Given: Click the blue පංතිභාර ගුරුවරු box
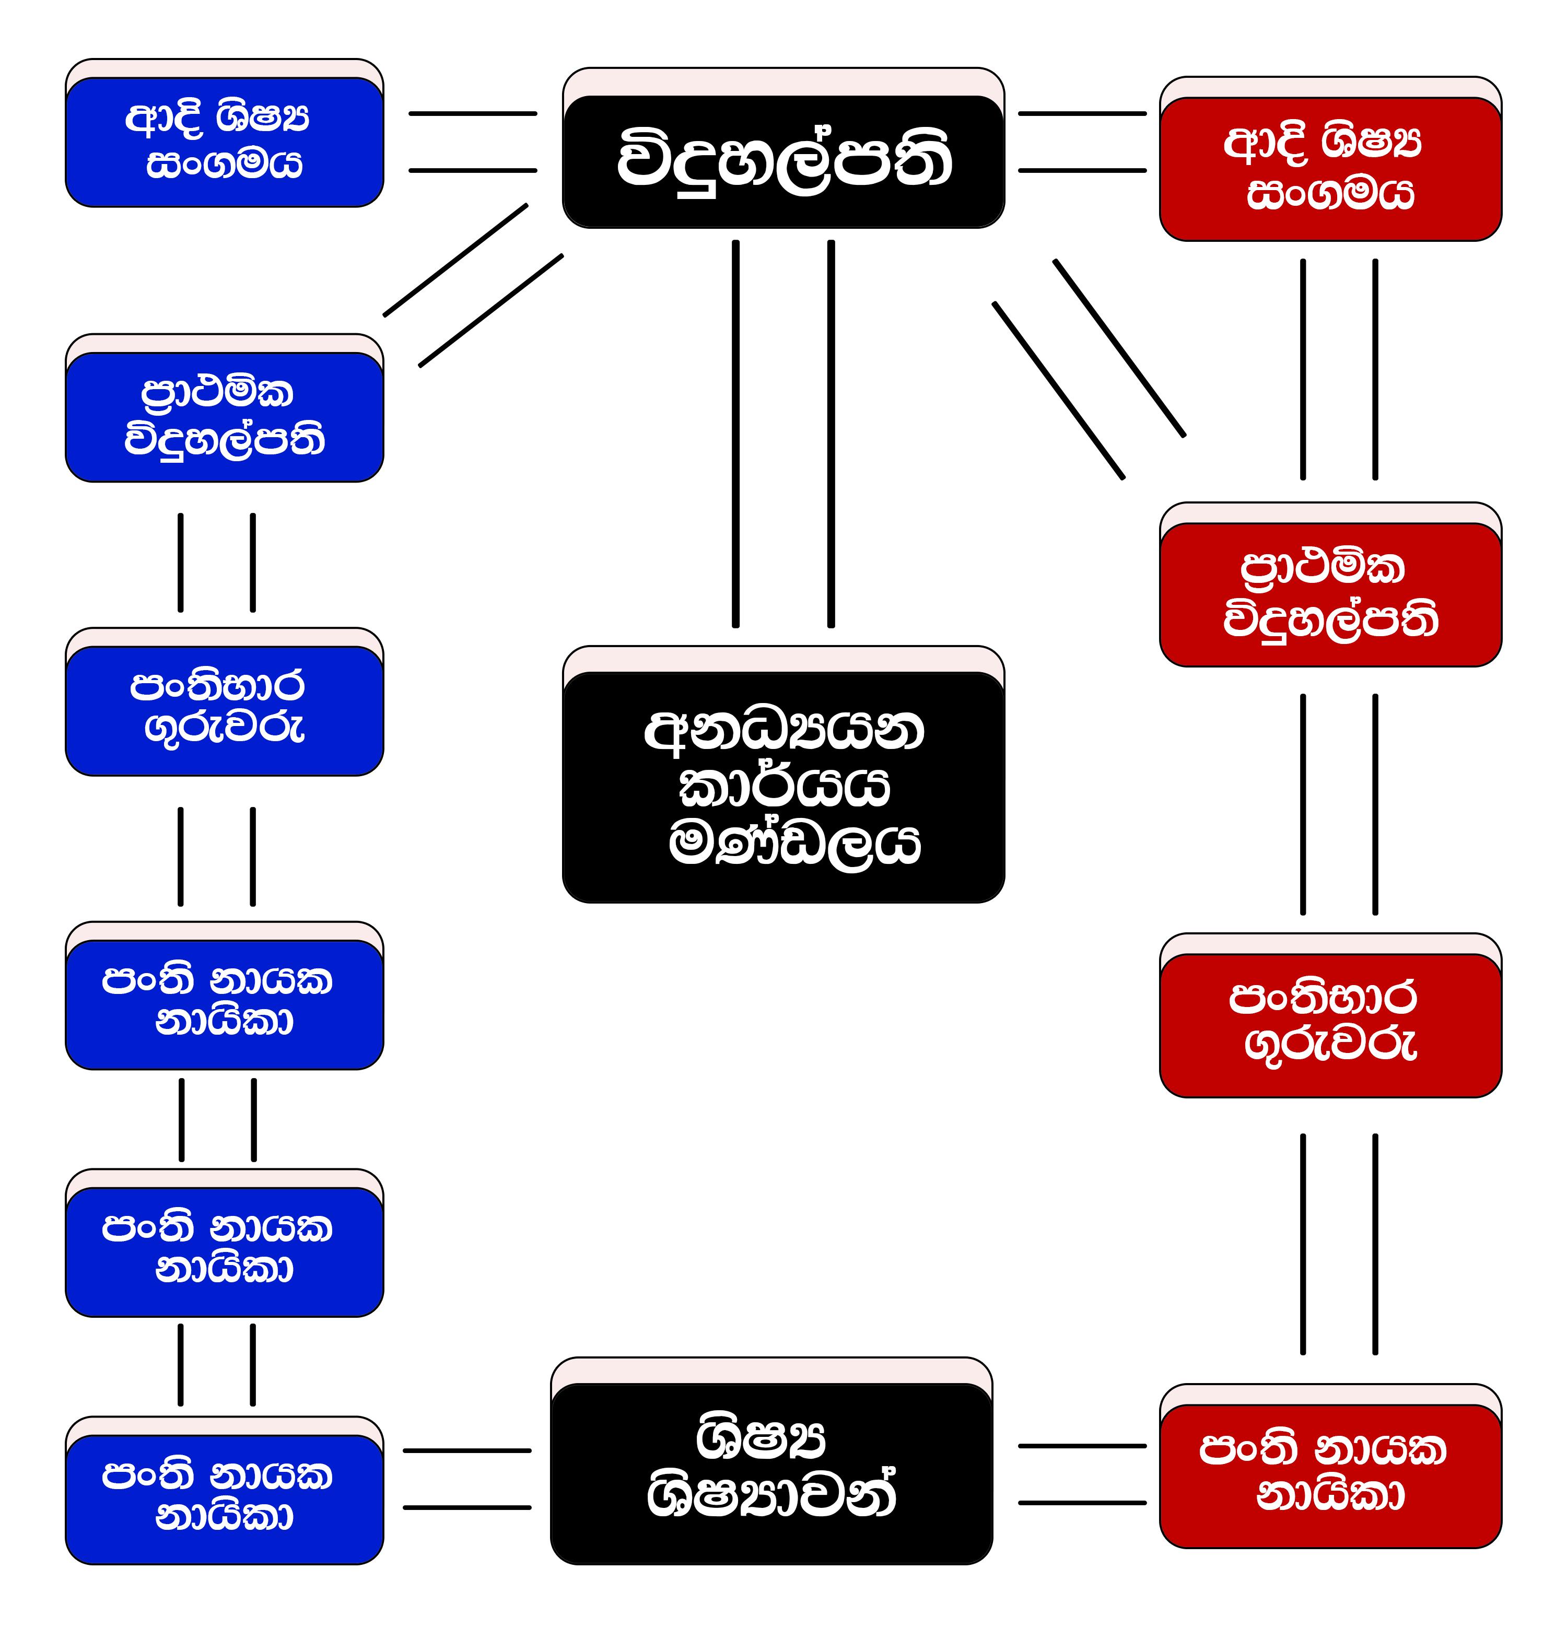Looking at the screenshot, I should click(224, 710).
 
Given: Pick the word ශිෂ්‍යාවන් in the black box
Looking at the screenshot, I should click(771, 1495).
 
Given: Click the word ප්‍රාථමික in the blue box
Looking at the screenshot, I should click(217, 393).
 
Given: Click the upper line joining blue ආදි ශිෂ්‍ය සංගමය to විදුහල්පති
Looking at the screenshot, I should click(472, 114).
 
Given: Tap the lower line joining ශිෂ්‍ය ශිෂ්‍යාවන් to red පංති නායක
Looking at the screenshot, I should click(1082, 1503).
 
